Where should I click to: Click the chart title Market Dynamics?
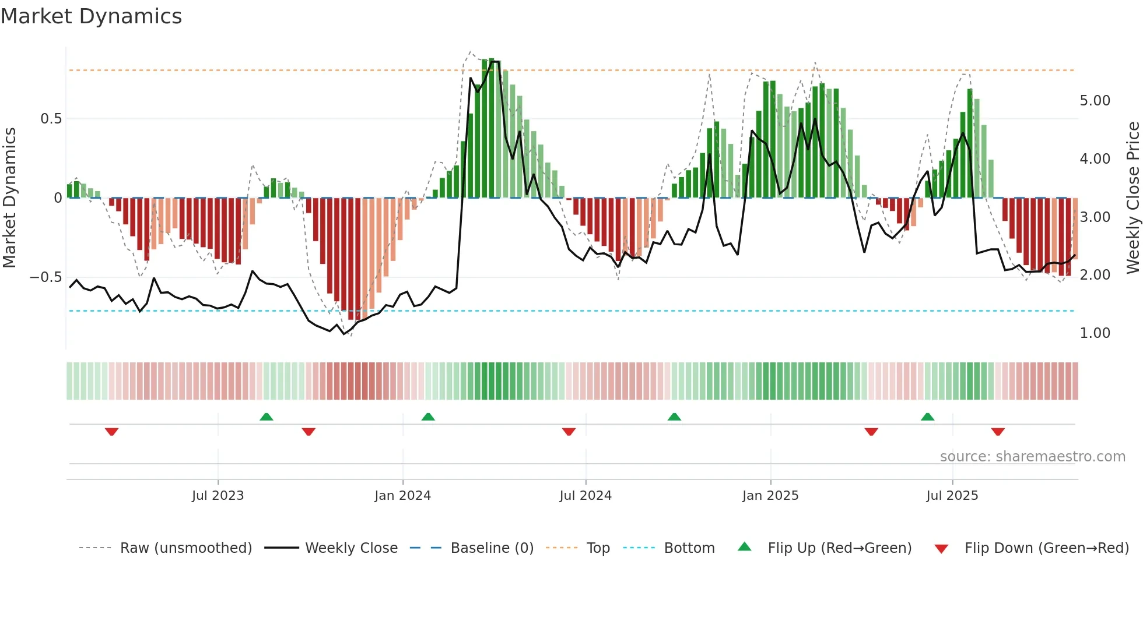click(91, 16)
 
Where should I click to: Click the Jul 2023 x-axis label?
click(218, 496)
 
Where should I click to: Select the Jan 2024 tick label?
click(402, 496)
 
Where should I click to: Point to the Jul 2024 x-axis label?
click(585, 496)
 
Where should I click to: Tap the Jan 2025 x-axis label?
click(770, 496)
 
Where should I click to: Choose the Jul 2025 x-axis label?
click(952, 496)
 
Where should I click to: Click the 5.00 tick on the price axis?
click(1095, 101)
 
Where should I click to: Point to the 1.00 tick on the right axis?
click(1095, 333)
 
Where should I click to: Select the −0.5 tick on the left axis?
click(46, 277)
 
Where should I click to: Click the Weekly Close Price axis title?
click(1133, 197)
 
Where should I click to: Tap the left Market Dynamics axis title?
click(9, 197)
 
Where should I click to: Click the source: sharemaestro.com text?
click(1032, 457)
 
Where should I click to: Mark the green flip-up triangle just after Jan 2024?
click(428, 417)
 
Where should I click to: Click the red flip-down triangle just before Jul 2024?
click(569, 432)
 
